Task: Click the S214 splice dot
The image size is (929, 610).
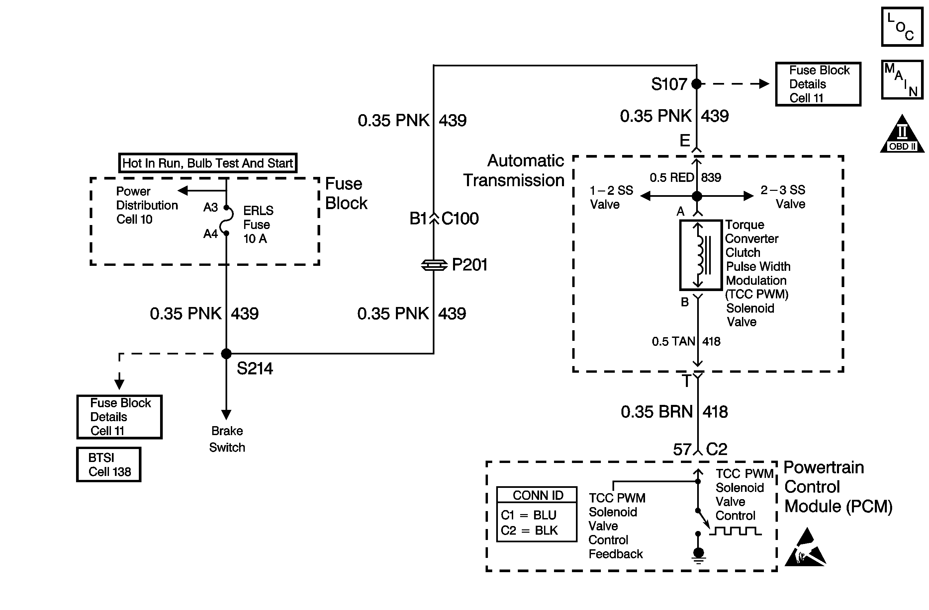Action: (x=226, y=354)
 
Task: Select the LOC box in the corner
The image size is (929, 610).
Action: (x=902, y=27)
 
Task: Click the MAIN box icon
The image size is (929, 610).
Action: (x=902, y=80)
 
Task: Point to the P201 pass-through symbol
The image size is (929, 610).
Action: (x=434, y=265)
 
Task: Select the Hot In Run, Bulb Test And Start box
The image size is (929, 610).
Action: (x=208, y=163)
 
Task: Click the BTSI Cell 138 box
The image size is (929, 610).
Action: (x=109, y=465)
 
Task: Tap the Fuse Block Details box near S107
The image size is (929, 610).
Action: (x=818, y=84)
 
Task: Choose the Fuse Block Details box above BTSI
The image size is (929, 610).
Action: (x=120, y=417)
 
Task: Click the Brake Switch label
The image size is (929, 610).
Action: (x=227, y=439)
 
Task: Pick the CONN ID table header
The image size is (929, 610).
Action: (x=537, y=495)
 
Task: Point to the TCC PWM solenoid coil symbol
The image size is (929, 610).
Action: (x=701, y=256)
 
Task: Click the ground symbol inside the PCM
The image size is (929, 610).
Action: (x=698, y=556)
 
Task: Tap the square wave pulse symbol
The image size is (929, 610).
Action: (x=735, y=531)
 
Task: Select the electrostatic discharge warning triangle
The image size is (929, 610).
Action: (x=805, y=548)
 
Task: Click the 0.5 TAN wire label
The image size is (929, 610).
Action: (x=673, y=342)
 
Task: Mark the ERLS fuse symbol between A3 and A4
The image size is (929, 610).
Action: (x=227, y=220)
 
